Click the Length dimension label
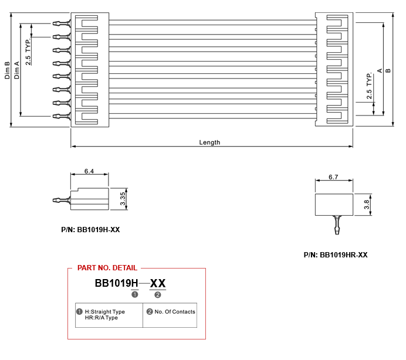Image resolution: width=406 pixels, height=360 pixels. pyautogui.click(x=209, y=142)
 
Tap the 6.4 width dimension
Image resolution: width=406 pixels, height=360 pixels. pyautogui.click(x=89, y=171)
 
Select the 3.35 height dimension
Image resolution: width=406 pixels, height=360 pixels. pyautogui.click(x=123, y=199)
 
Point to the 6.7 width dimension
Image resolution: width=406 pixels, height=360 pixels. pyautogui.click(x=333, y=177)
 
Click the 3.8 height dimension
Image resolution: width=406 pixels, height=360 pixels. pyautogui.click(x=367, y=205)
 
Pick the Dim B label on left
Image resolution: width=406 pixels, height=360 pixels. pyautogui.click(x=7, y=70)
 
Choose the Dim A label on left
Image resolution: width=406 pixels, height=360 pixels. pyautogui.click(x=16, y=70)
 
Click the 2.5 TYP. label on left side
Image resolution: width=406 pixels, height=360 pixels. pyautogui.click(x=28, y=52)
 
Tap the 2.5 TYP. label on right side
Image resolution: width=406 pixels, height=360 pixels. pyautogui.click(x=369, y=86)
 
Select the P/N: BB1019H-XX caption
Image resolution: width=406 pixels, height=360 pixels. pyautogui.click(x=90, y=230)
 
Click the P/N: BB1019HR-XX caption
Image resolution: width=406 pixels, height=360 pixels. pyautogui.click(x=336, y=255)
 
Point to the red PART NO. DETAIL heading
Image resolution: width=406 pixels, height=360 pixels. pyautogui.click(x=107, y=268)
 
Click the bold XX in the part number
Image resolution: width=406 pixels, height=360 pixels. pyautogui.click(x=158, y=283)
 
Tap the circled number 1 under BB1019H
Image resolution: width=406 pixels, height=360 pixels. pyautogui.click(x=134, y=294)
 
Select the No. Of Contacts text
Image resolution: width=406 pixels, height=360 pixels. pyautogui.click(x=175, y=311)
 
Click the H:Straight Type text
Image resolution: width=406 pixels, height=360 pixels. pyautogui.click(x=105, y=311)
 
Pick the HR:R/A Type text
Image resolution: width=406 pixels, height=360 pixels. pyautogui.click(x=101, y=318)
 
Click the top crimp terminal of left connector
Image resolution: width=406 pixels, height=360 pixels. pyautogui.click(x=62, y=23)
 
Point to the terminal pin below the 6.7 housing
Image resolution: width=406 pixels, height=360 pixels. pyautogui.click(x=337, y=225)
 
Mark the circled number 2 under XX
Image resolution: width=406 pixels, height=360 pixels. pyautogui.click(x=157, y=295)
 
